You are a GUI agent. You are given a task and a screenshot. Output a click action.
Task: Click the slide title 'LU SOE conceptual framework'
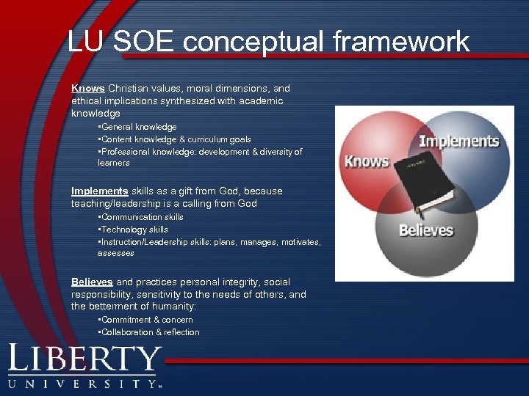pos(268,41)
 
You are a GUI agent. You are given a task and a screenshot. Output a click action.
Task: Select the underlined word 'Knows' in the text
pos(87,88)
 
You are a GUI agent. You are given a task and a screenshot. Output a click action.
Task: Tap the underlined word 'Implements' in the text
pos(99,191)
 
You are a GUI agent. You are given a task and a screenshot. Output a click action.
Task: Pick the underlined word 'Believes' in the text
pos(92,282)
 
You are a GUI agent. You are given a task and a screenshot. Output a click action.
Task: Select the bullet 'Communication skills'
pos(142,217)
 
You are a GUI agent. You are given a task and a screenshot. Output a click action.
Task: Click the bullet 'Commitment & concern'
pos(147,320)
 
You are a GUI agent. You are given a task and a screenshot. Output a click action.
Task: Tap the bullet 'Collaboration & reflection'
pos(150,332)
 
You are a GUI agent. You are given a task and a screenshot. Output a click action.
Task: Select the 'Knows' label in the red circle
pos(366,160)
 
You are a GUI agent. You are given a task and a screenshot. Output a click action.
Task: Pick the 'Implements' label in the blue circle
pos(458,141)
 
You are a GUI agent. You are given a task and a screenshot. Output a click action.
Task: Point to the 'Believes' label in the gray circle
pos(425,230)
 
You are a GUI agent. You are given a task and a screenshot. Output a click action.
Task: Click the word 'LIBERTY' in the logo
pos(84,360)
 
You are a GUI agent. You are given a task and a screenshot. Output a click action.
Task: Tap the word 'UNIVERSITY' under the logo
pos(84,384)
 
